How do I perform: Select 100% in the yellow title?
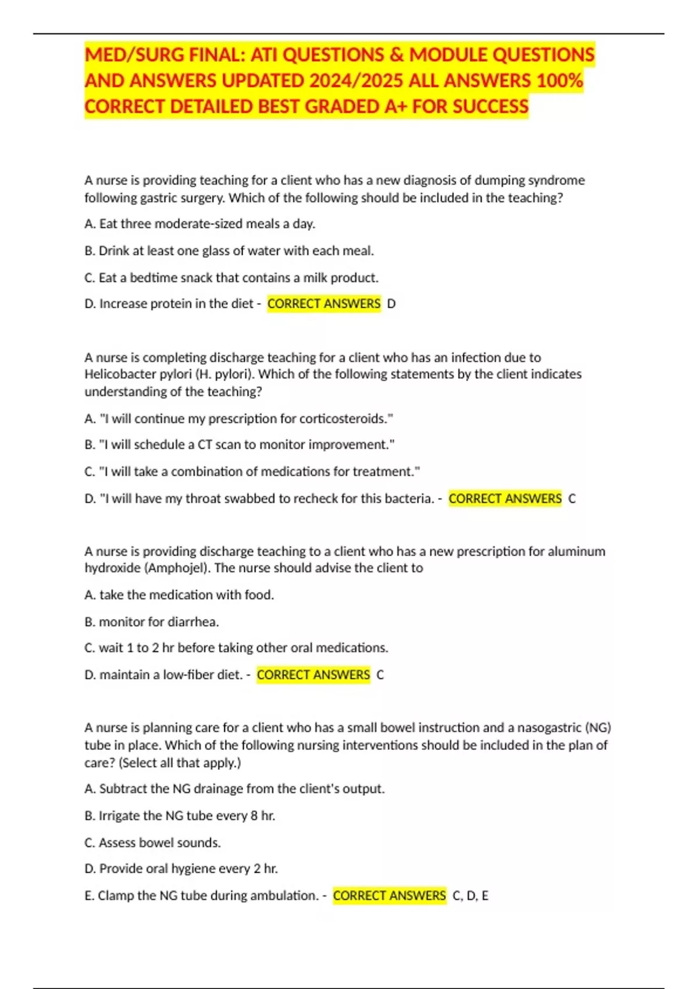[x=560, y=81]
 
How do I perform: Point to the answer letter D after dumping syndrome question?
[x=391, y=304]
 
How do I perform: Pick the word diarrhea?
[x=193, y=622]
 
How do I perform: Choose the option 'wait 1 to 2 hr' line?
[x=236, y=648]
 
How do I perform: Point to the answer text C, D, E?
[x=471, y=896]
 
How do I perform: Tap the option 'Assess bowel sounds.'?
[x=152, y=843]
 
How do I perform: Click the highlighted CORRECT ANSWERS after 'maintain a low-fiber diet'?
[x=314, y=675]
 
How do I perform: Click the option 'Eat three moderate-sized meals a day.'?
[x=200, y=224]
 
